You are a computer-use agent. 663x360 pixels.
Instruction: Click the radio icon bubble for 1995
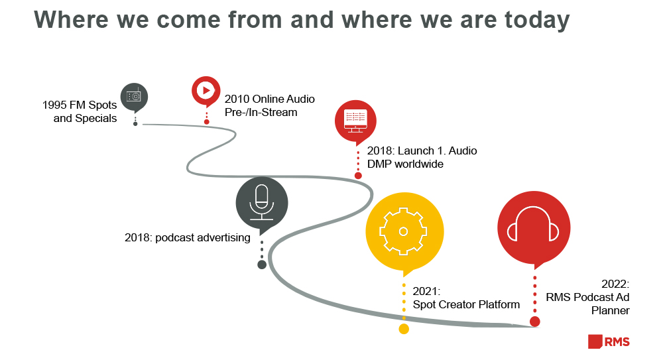pyautogui.click(x=134, y=96)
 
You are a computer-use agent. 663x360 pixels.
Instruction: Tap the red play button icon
pyautogui.click(x=206, y=90)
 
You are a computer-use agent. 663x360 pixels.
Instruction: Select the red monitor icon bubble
pyautogui.click(x=355, y=121)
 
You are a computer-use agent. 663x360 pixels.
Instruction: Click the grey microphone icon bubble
pyautogui.click(x=262, y=202)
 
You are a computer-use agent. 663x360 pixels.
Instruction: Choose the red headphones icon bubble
pyautogui.click(x=534, y=227)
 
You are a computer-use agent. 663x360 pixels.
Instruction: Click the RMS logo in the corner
pyautogui.click(x=609, y=341)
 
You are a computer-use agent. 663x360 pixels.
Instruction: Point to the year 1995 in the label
pyautogui.click(x=55, y=105)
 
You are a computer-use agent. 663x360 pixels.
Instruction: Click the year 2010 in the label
pyautogui.click(x=237, y=99)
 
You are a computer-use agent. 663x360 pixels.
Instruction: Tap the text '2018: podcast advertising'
pyautogui.click(x=187, y=237)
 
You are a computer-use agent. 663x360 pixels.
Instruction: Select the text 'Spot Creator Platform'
pyautogui.click(x=466, y=305)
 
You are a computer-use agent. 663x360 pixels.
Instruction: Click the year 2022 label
pyautogui.click(x=615, y=283)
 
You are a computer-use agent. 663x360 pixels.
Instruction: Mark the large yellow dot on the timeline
pyautogui.click(x=404, y=328)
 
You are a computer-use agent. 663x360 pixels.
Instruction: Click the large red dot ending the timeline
pyautogui.click(x=534, y=322)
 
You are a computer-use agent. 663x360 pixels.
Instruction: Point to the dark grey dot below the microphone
pyautogui.click(x=262, y=265)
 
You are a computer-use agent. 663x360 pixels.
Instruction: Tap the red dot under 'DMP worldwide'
pyautogui.click(x=358, y=176)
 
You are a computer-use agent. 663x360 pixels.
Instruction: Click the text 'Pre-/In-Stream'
pyautogui.click(x=261, y=112)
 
